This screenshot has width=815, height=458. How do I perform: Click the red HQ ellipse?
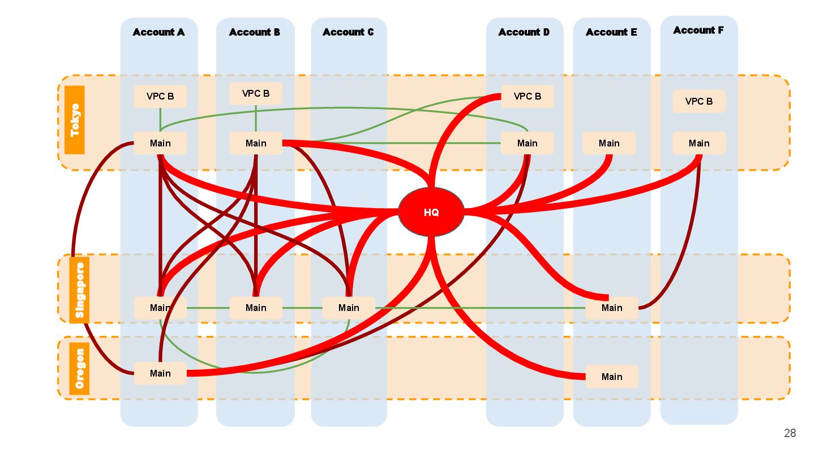click(x=431, y=212)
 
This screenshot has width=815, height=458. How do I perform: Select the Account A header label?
click(x=158, y=32)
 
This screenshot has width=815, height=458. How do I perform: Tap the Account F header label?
click(x=698, y=31)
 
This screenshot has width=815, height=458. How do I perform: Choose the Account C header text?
click(x=348, y=32)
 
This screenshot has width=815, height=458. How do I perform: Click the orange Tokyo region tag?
click(x=75, y=120)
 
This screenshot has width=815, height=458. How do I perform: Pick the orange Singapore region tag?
click(x=79, y=290)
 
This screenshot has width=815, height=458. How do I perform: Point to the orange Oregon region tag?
click(x=79, y=369)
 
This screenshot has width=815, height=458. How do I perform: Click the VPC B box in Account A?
click(x=160, y=96)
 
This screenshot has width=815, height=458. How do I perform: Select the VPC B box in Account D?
click(x=527, y=96)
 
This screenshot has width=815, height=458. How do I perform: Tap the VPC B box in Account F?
click(x=699, y=101)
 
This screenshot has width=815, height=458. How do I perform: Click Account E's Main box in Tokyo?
click(x=609, y=143)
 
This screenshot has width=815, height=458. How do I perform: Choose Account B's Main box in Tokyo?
click(x=256, y=143)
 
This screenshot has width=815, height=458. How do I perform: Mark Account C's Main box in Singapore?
click(x=349, y=308)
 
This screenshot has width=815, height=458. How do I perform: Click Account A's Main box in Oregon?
click(x=160, y=373)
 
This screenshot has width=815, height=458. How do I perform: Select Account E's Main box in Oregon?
click(x=612, y=377)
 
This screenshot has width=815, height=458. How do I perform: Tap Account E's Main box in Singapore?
click(x=612, y=308)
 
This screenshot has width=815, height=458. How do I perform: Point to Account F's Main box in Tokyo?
click(x=699, y=143)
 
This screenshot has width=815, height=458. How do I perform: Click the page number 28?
click(x=790, y=433)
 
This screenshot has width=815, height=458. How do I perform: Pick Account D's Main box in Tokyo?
click(x=527, y=143)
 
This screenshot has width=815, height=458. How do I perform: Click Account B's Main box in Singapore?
click(x=256, y=308)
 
